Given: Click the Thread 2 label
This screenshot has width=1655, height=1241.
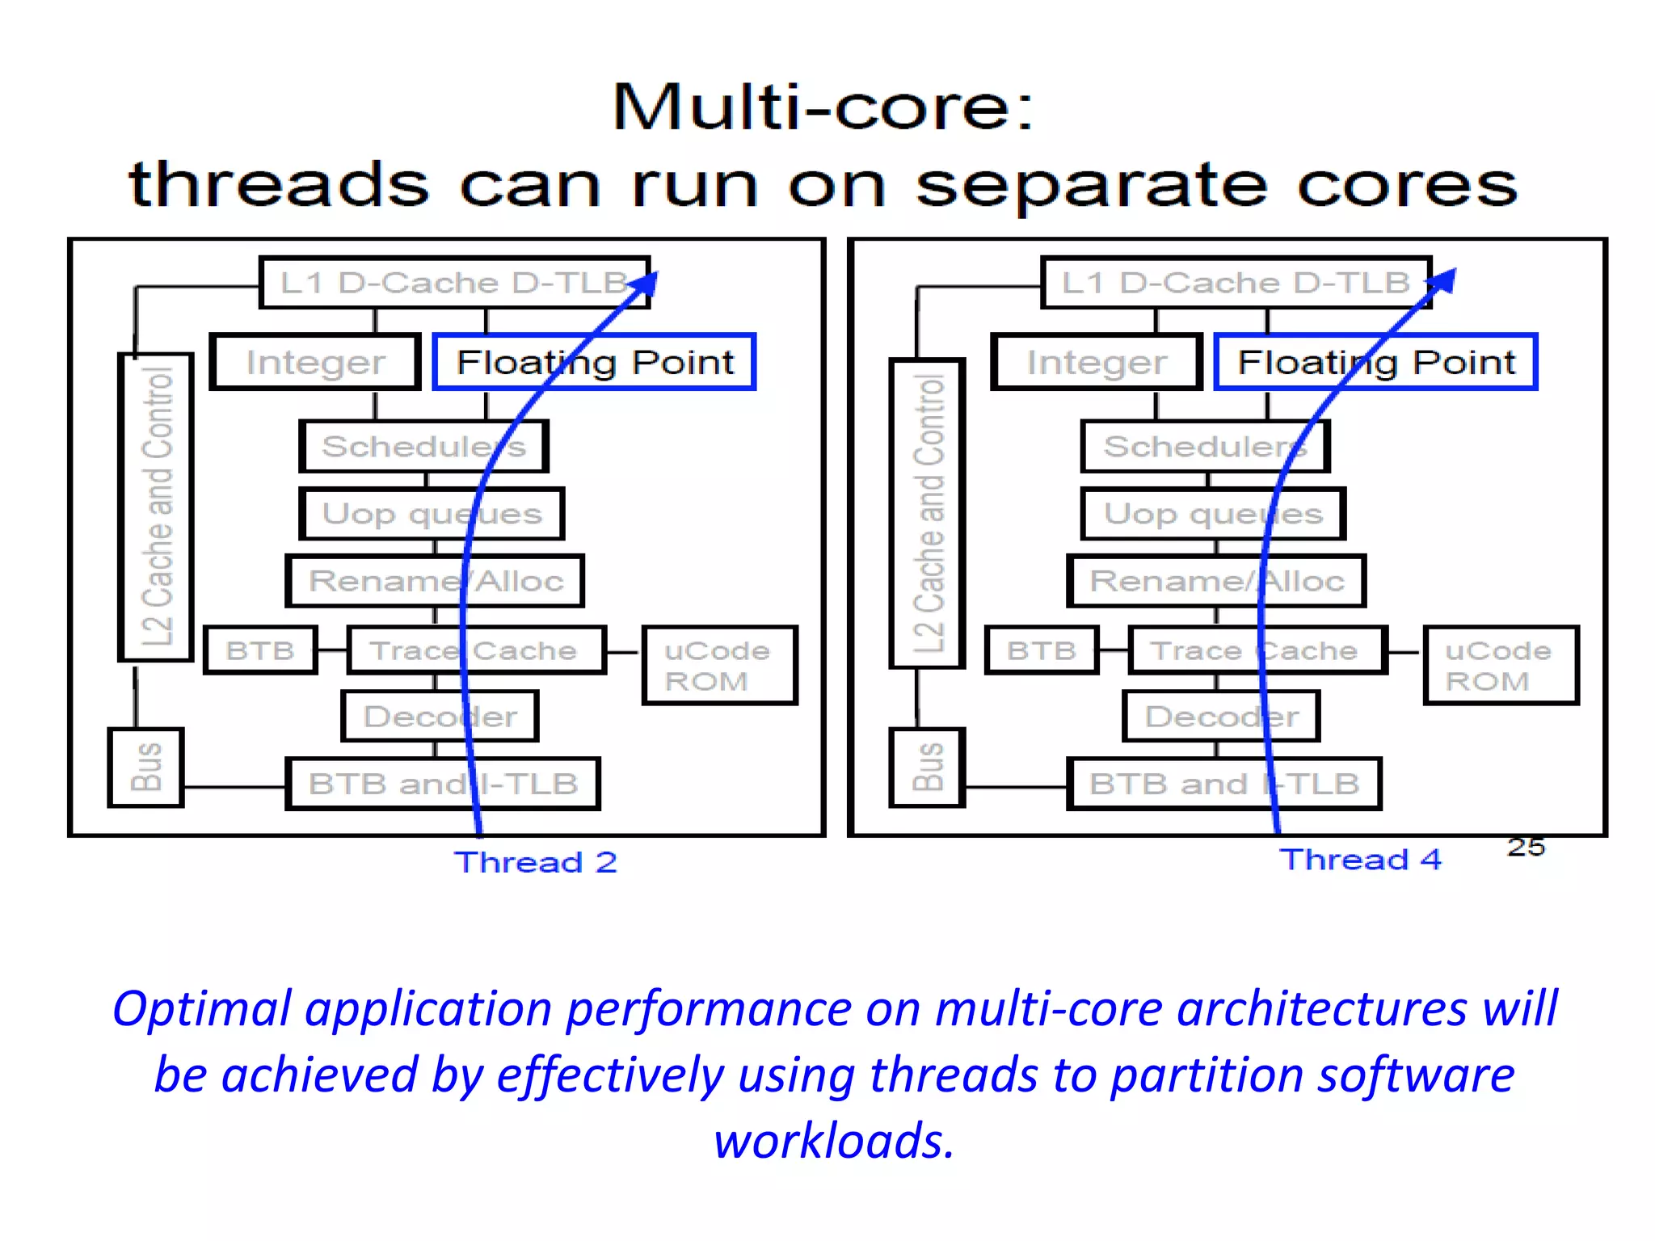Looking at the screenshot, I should click(535, 862).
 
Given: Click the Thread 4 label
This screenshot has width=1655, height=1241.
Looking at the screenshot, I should click(1360, 859).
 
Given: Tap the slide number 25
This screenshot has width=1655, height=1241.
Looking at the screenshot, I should click(1525, 847).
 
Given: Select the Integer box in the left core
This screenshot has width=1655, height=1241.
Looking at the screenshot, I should click(315, 362).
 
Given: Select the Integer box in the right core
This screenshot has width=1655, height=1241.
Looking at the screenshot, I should click(1097, 362).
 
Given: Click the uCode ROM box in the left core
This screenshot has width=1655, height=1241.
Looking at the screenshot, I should click(719, 665).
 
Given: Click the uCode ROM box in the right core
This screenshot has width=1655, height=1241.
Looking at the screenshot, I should click(1501, 665).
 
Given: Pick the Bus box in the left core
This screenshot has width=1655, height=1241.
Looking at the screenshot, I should click(146, 767).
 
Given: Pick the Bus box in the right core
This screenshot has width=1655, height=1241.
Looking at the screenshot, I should click(928, 767).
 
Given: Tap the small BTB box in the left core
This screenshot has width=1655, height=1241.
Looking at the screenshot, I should click(260, 650).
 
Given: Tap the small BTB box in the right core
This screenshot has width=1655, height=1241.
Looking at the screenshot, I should click(1042, 650).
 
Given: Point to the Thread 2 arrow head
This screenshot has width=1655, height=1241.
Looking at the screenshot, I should click(647, 283).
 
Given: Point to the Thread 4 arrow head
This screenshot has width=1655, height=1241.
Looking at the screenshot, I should click(1445, 280).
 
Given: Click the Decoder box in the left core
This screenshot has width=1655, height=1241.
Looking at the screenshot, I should click(440, 716).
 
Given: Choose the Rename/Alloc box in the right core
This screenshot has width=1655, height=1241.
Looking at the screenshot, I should click(1216, 581).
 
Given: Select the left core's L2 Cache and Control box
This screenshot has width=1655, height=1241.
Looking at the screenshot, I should click(156, 507).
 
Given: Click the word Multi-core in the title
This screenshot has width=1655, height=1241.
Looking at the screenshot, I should click(821, 107).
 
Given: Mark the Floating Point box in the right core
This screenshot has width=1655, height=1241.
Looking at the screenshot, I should click(1375, 362).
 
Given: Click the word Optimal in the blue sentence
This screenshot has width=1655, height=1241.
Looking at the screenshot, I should click(201, 1009).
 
